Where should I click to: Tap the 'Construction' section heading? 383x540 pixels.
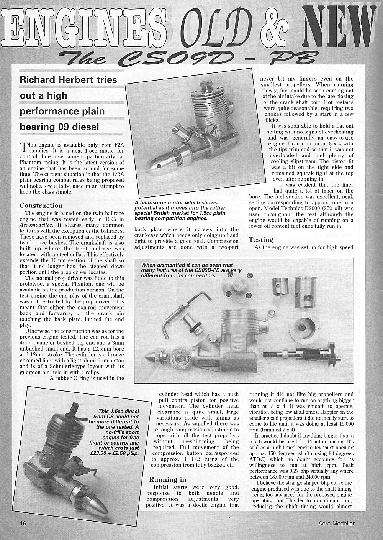click(x=41, y=206)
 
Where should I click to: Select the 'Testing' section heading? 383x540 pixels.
click(x=261, y=240)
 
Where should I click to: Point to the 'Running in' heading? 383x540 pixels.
click(x=167, y=479)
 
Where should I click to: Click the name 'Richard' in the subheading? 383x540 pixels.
click(x=37, y=80)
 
